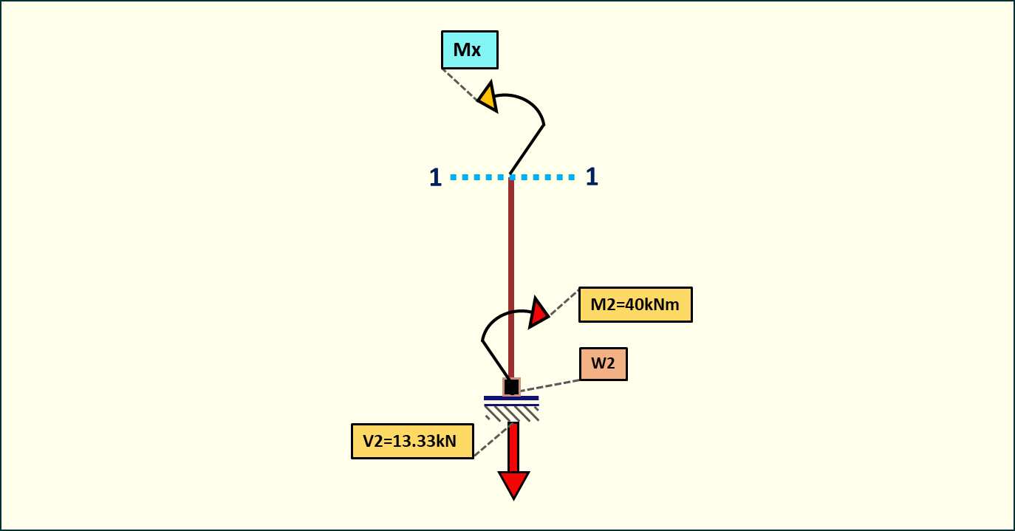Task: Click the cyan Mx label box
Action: point(469,50)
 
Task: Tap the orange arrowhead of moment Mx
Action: point(488,97)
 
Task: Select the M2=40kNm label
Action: point(635,304)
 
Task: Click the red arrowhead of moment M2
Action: point(539,312)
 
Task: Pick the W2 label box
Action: point(603,364)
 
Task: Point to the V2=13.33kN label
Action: point(412,442)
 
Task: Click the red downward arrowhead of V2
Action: point(513,484)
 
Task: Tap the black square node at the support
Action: point(511,387)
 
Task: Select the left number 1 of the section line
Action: point(435,177)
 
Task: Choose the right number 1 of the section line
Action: point(592,177)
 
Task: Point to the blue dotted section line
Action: point(547,177)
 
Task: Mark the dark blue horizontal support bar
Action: point(511,398)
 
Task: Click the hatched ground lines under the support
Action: point(511,412)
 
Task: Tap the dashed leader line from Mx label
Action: point(459,83)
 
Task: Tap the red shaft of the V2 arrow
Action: point(513,447)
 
